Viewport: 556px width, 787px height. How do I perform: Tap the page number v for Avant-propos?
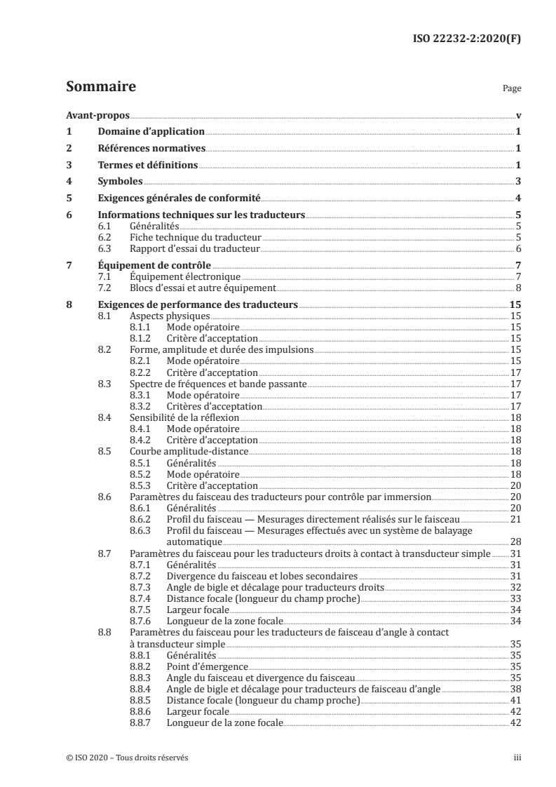[x=517, y=115]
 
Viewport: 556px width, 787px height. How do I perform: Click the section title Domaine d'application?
[x=151, y=131]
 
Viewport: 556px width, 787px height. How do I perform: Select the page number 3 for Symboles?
[x=517, y=182]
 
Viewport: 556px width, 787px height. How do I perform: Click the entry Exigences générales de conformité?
[x=179, y=199]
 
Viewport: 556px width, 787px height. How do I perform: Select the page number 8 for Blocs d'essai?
[x=517, y=288]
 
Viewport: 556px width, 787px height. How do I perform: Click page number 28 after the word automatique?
[x=515, y=542]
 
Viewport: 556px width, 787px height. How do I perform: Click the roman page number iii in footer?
[x=517, y=758]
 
